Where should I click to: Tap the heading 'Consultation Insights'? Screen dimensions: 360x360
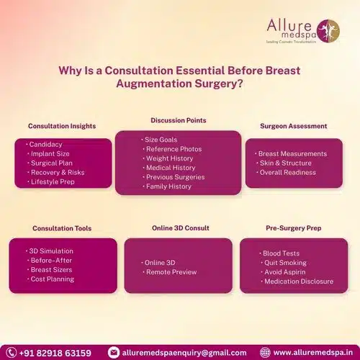pos(62,126)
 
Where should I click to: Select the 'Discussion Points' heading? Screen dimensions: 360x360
pos(178,120)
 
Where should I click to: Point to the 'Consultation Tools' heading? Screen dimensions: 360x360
pos(62,228)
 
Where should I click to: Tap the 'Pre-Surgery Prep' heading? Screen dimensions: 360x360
pos(293,228)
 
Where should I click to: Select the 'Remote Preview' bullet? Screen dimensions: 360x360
pos(167,274)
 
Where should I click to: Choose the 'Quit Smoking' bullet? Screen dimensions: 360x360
pos(284,263)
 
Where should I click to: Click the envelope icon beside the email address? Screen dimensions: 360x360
pos(114,352)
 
